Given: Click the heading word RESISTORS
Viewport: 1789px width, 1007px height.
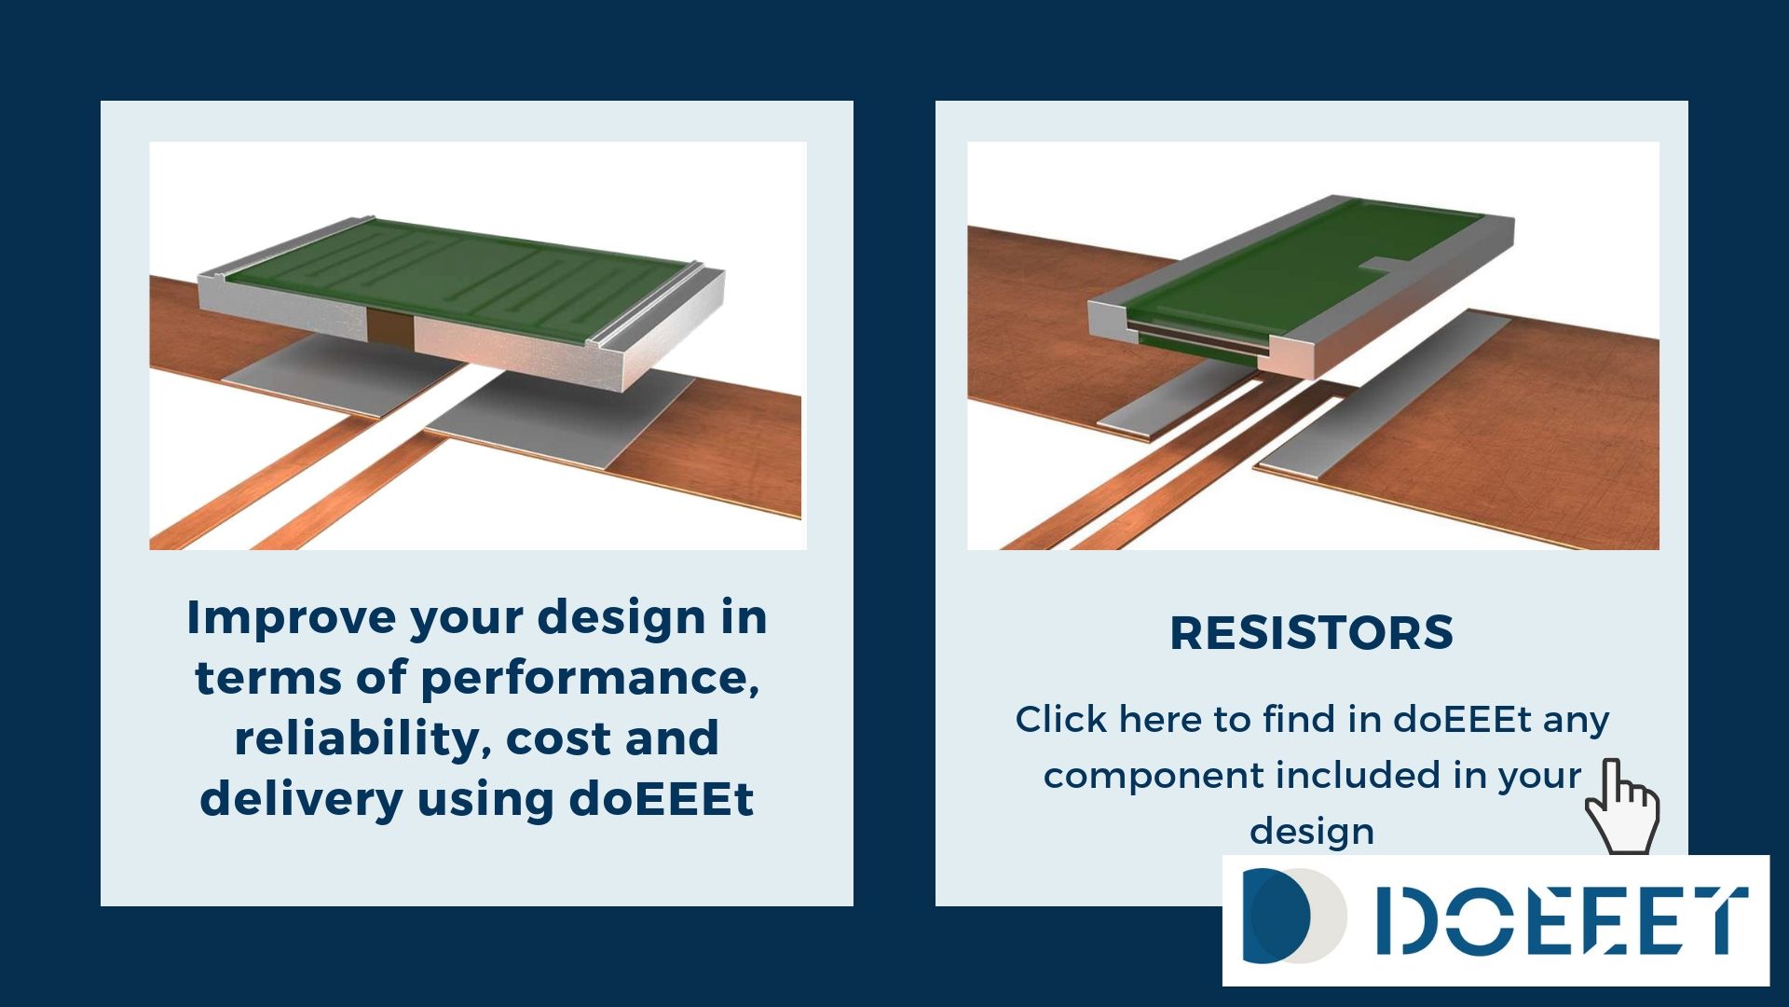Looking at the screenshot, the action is pos(1311,633).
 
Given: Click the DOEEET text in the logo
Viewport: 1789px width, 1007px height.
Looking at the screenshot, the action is pos(1562,921).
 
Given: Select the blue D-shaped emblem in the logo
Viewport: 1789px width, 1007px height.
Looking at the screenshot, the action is pos(1277,916).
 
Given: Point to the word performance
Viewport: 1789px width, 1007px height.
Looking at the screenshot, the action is pos(590,679).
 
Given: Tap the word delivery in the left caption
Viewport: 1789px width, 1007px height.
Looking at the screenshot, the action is pos(301,800).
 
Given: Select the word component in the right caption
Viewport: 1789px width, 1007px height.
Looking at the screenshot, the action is pos(1152,777).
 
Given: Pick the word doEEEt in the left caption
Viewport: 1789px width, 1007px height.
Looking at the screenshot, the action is pos(661,799).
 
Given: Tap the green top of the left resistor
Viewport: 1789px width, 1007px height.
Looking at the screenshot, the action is pos(466,276).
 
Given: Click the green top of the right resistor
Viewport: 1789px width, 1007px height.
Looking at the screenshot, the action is pos(1304,266).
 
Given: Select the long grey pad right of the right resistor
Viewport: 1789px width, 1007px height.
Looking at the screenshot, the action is pos(1383,395).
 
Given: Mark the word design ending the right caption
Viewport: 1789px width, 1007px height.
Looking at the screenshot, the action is pos(1311,832).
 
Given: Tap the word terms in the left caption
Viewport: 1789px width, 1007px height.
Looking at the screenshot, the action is pos(268,679).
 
